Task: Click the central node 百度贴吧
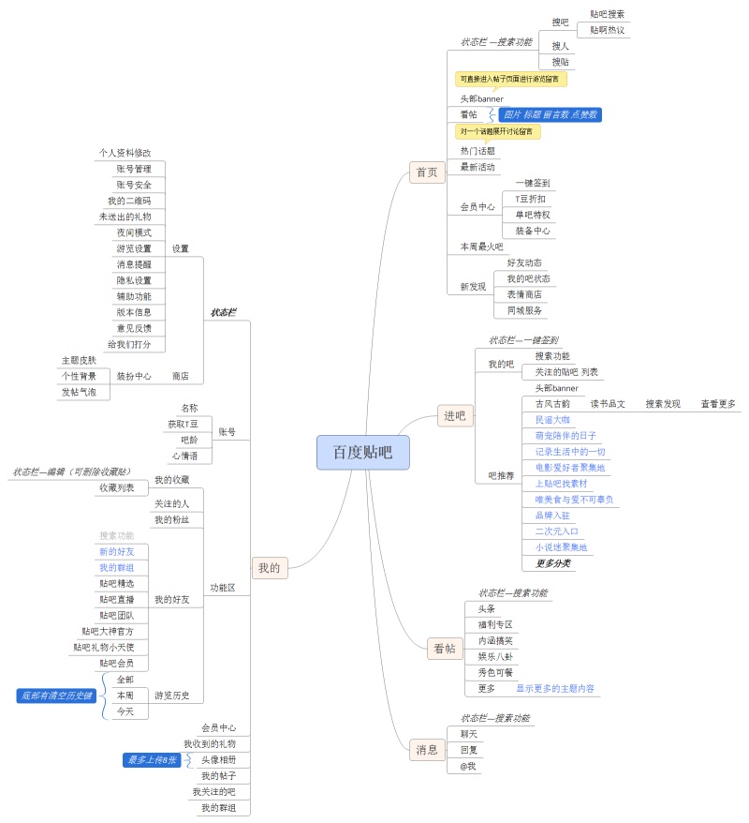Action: [363, 453]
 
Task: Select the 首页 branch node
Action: [427, 172]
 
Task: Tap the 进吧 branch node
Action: [454, 416]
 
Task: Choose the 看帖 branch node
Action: [444, 648]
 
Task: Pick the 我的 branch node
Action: [269, 567]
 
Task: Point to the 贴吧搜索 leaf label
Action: [607, 14]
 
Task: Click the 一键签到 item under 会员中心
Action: [532, 183]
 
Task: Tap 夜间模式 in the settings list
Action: [134, 232]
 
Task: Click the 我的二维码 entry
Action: [129, 201]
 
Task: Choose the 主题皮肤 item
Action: [79, 360]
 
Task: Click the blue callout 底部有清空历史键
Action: [55, 695]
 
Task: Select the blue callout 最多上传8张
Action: [153, 760]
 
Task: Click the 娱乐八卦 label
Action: [495, 656]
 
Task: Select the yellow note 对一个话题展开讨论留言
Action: [497, 131]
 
